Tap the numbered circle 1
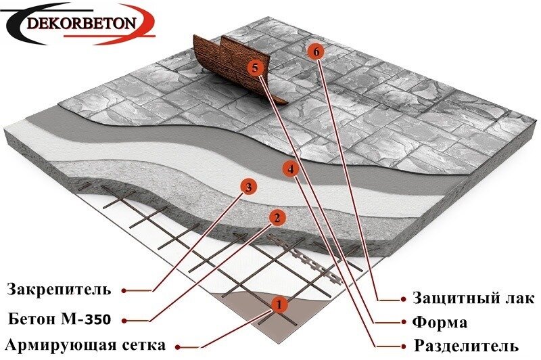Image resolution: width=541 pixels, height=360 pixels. tap(276, 304)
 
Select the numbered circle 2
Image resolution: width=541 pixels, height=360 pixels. tap(275, 217)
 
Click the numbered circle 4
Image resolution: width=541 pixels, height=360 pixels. tap(289, 168)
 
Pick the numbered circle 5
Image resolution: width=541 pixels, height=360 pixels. tap(254, 67)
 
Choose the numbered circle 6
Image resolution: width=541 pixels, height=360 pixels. tap(314, 50)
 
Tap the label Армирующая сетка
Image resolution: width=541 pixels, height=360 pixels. tap(85, 345)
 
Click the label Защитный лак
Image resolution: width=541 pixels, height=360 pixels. tap(473, 298)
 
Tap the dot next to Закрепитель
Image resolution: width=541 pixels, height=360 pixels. tap(124, 291)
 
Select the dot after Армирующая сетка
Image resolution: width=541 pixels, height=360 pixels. tap(177, 346)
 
